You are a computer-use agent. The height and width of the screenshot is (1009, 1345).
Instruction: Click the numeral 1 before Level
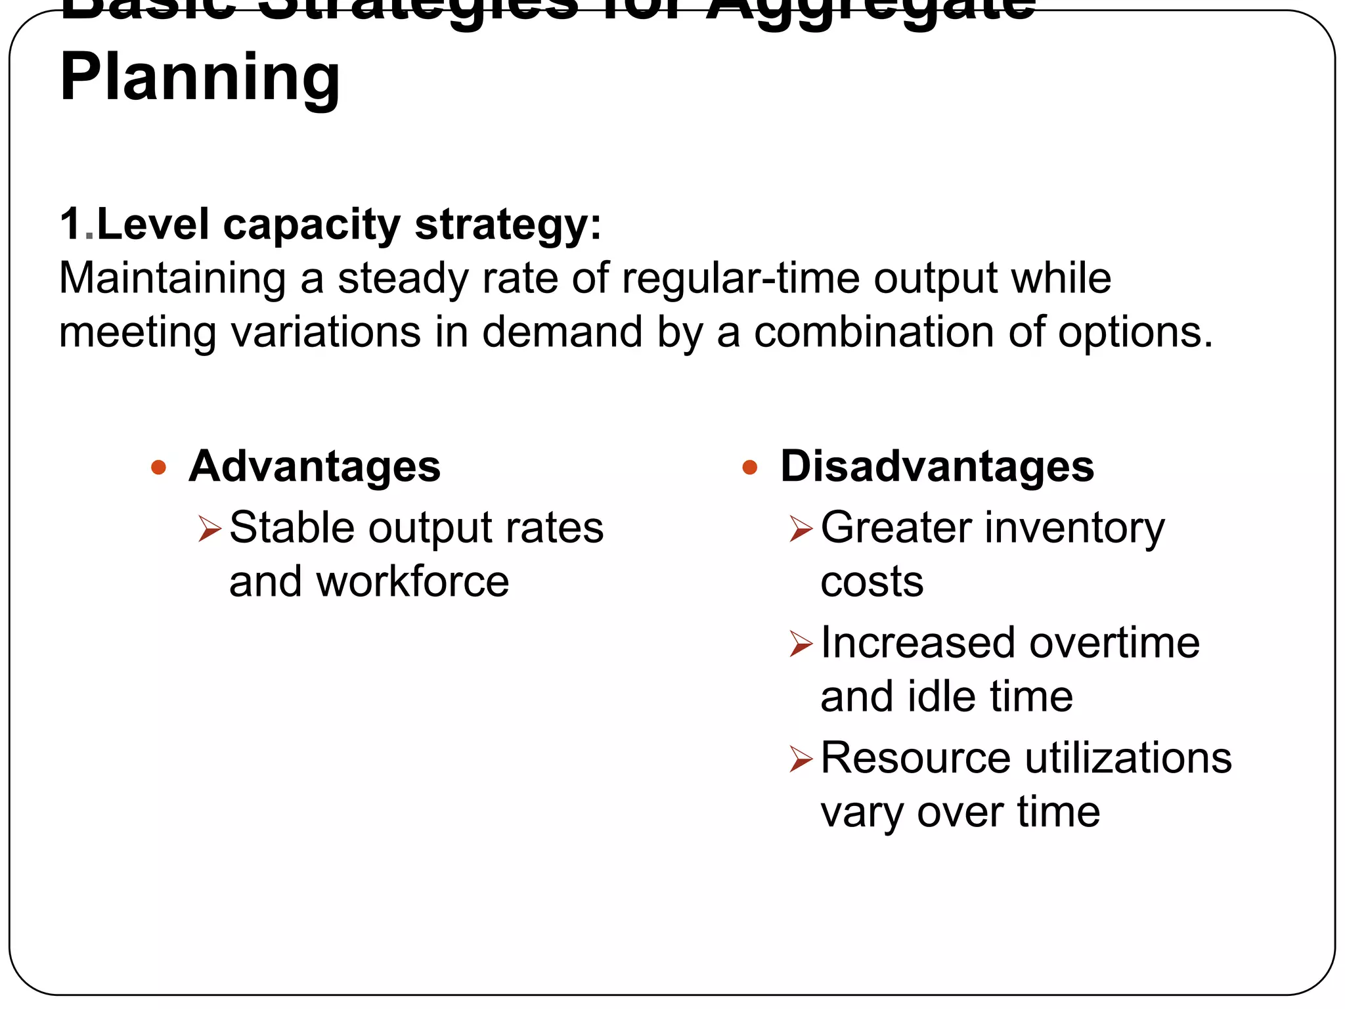coord(70,225)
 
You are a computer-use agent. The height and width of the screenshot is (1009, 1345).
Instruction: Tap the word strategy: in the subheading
coord(508,226)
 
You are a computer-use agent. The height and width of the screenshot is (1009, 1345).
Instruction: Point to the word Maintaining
coord(173,279)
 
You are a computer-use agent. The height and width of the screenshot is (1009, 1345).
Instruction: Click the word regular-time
coord(740,279)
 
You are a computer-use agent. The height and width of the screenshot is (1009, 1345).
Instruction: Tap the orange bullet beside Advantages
coord(158,468)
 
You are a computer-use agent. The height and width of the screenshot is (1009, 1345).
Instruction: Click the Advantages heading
coord(315,467)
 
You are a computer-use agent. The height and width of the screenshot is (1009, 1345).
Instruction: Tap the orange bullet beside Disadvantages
coord(749,468)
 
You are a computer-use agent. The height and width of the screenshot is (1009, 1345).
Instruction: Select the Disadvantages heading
coord(937,467)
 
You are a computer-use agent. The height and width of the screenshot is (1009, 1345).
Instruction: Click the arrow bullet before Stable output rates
coord(209,529)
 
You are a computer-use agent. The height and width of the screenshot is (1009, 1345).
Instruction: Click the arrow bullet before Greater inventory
coord(801,529)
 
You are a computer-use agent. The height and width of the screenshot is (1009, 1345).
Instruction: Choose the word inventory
coord(1075,529)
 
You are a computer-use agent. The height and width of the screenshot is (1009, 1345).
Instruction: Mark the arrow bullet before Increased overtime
coord(801,644)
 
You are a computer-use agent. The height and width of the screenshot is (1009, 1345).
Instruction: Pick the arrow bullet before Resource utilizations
coord(801,759)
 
